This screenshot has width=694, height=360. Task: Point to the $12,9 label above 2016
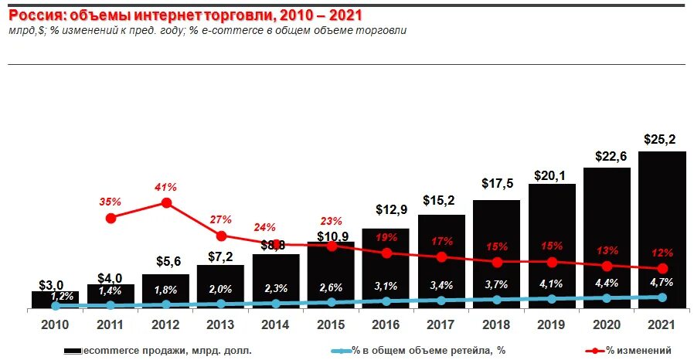392,209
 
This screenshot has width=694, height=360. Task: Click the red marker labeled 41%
165,202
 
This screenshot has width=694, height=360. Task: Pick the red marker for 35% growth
111,218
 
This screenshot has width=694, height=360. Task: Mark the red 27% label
222,219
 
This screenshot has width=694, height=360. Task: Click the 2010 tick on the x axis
55,325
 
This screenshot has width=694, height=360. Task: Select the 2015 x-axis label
332,325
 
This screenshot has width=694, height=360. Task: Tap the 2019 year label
552,325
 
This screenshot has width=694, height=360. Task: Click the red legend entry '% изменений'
631,351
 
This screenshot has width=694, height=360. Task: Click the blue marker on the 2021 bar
662,297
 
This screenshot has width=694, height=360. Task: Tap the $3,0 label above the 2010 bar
50,284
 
